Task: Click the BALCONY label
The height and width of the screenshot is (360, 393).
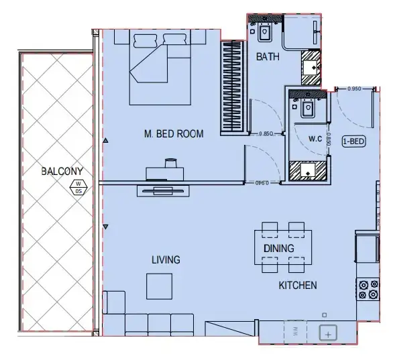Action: coord(61,172)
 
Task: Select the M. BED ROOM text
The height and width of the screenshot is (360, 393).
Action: coord(174,134)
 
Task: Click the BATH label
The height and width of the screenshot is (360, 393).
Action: coord(268,57)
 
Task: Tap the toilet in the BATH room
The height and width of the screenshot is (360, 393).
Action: coord(264,30)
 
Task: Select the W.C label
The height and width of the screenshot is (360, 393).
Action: coord(316,139)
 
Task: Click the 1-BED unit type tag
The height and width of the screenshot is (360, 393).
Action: coord(353,141)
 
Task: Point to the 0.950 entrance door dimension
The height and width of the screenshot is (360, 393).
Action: coord(355,88)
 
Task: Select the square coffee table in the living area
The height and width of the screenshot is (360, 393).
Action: coord(160,286)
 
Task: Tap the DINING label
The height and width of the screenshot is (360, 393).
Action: coord(278,249)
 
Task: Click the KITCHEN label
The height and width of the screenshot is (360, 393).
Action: coord(298,286)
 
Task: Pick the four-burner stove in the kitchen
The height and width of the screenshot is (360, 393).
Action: coord(368,289)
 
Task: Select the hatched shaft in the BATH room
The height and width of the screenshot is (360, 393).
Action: coord(313,66)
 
